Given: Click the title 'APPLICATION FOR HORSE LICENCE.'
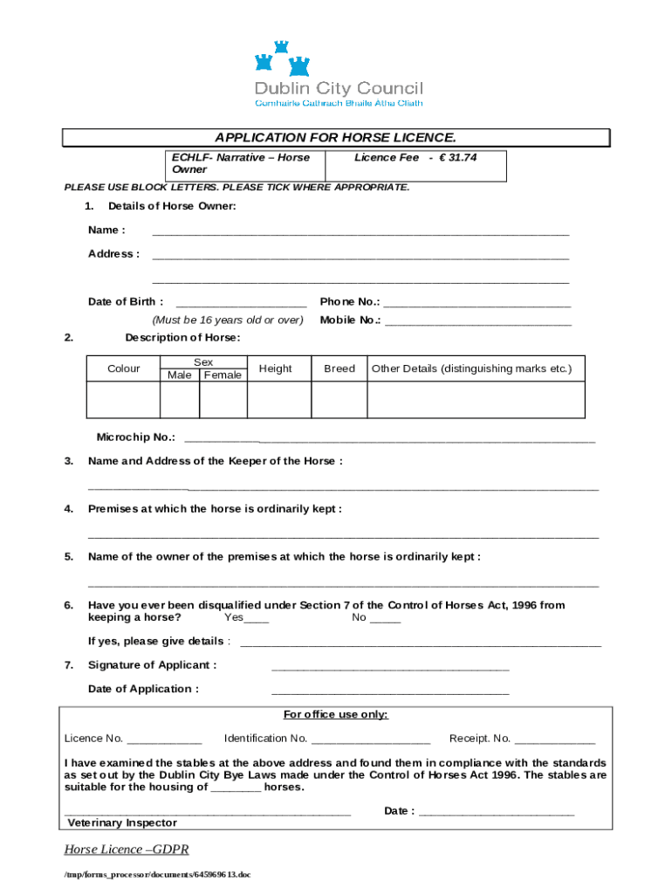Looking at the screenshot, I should click(336, 138).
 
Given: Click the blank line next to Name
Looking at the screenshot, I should click(360, 232).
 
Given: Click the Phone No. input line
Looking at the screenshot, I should click(477, 304).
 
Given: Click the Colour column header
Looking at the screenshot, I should click(123, 369).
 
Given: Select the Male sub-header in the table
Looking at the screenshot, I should click(179, 375).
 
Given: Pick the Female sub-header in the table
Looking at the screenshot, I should click(223, 375).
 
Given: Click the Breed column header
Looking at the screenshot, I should click(339, 369).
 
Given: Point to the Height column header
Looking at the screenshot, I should click(276, 369).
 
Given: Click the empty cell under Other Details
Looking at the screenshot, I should click(476, 401).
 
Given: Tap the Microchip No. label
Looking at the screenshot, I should click(135, 437).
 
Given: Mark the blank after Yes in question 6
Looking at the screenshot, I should click(257, 619).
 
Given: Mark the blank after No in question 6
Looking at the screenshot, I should click(386, 619).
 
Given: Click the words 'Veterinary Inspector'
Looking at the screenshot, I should click(122, 822).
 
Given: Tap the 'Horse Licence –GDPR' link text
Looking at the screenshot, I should click(127, 849).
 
